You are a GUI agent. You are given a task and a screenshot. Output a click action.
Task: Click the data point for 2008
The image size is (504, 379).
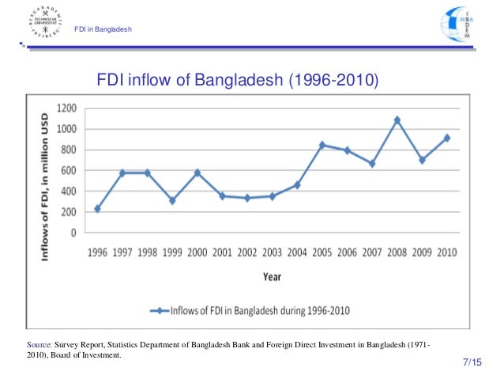[x=397, y=120]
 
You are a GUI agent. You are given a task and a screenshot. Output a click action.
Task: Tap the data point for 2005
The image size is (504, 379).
[x=322, y=145]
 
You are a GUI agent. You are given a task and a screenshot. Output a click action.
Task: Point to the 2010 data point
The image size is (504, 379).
[x=448, y=138]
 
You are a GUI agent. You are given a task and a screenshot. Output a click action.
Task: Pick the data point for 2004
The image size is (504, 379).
[x=297, y=185]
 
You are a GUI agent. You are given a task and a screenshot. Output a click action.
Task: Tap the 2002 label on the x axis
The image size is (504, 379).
[x=246, y=253]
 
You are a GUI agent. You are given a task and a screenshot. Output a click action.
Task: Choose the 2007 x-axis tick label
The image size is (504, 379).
[x=372, y=253]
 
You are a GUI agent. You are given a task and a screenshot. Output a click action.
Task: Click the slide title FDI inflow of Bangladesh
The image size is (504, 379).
[x=237, y=81]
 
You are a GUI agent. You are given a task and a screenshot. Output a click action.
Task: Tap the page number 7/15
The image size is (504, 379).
[x=472, y=362]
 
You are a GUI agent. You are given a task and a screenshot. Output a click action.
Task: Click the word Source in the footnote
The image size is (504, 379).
[x=39, y=346]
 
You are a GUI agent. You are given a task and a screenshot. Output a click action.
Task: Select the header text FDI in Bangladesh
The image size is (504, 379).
[x=103, y=30]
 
